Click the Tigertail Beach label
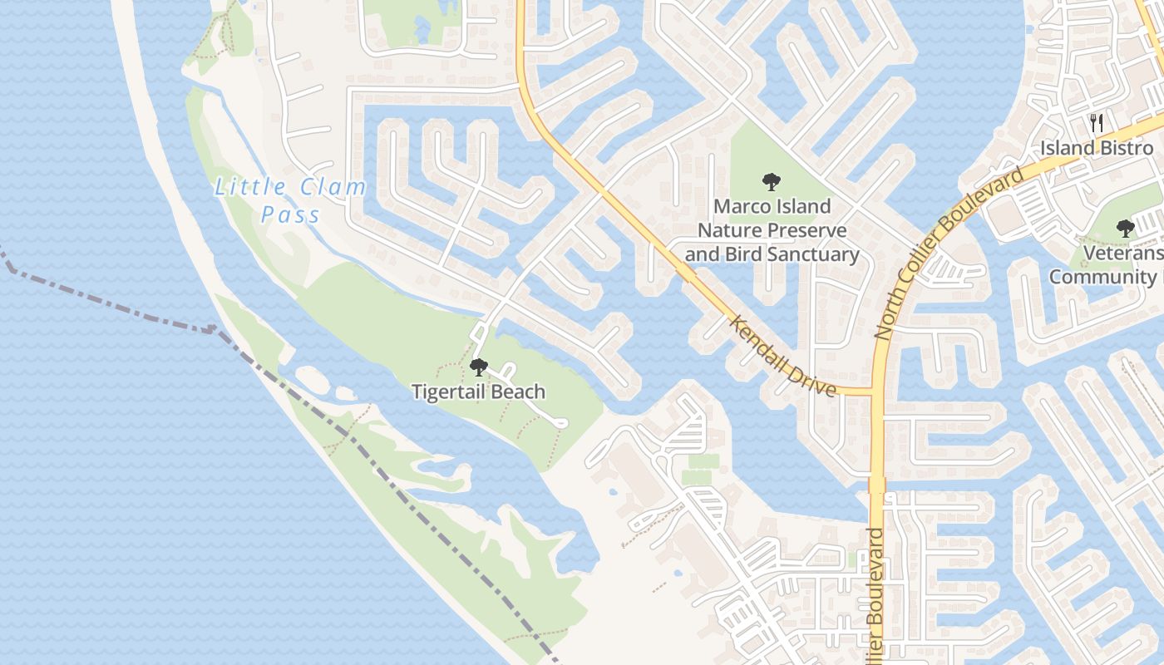(478, 392)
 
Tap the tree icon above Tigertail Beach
(478, 367)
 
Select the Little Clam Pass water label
(290, 200)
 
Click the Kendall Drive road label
(782, 355)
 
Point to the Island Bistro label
(1097, 148)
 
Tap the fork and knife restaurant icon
(1097, 124)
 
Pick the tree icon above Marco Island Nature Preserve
(771, 182)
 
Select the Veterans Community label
(1107, 265)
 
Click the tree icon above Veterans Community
(1126, 228)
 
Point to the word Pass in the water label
(290, 215)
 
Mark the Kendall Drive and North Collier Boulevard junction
(875, 392)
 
